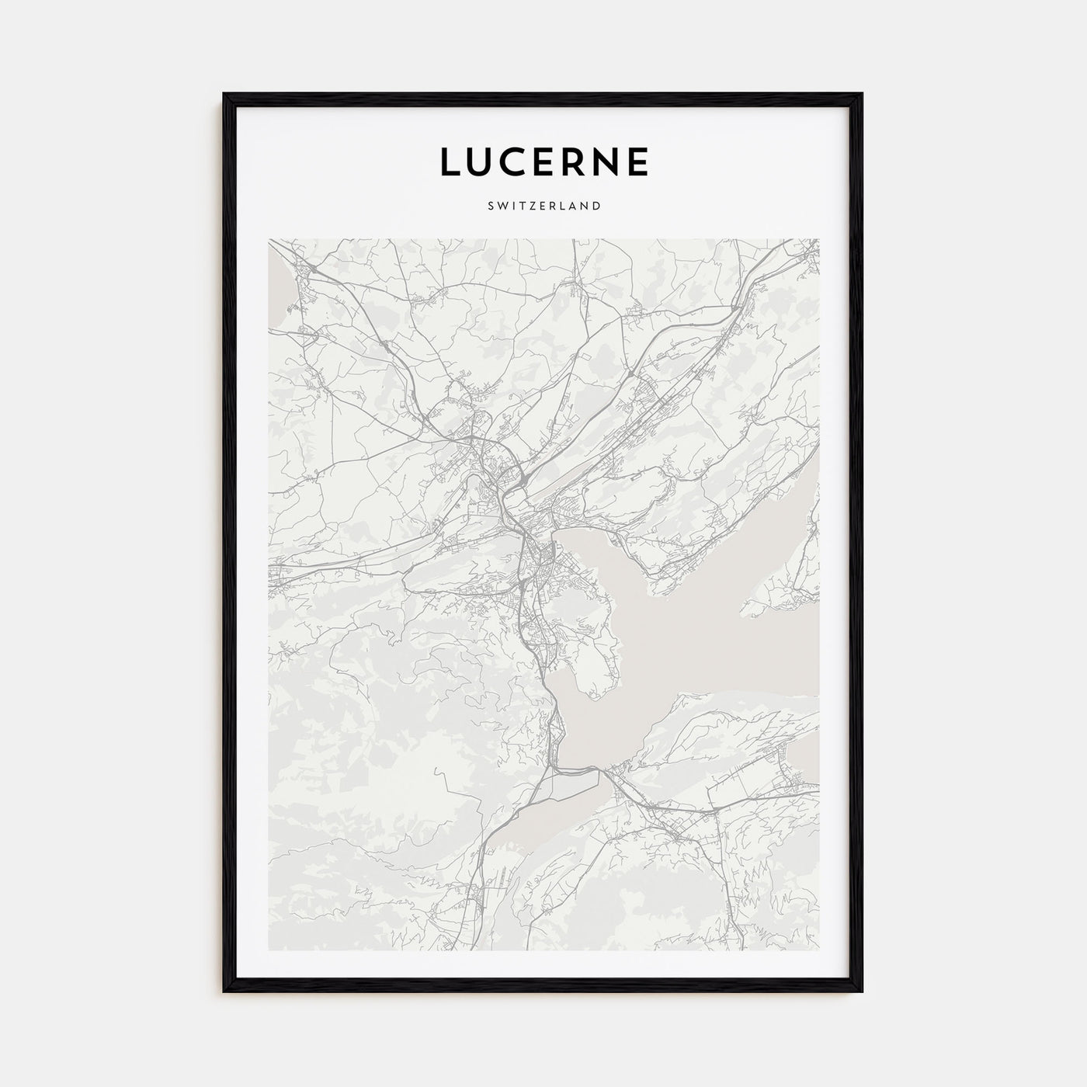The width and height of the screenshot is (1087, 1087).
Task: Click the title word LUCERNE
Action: [x=544, y=161]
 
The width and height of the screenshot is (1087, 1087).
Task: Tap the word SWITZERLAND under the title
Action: [x=544, y=207]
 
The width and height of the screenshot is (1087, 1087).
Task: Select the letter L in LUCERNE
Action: [x=451, y=161]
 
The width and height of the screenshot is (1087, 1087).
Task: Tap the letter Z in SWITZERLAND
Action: [x=530, y=207]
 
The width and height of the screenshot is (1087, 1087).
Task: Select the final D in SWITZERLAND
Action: [x=596, y=207]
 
